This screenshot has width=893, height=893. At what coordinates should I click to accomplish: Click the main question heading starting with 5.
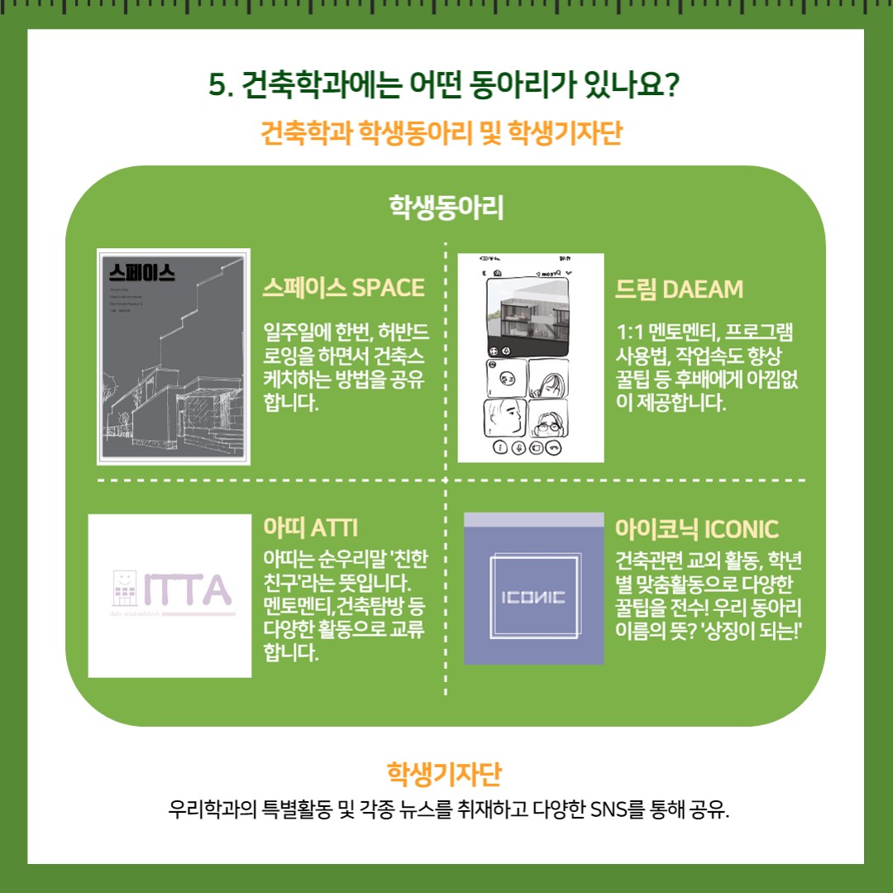pos(446,85)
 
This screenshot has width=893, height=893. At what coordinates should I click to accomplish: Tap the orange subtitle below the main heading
pos(446,132)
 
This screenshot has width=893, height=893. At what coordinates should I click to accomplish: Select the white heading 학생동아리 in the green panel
pos(446,207)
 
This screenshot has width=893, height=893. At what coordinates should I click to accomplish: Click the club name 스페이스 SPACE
pos(343,288)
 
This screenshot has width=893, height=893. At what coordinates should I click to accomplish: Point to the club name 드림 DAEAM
pos(679,289)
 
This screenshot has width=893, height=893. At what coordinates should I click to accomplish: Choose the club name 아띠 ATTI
pos(310,527)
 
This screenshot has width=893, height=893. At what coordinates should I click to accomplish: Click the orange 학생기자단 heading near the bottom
pos(446,775)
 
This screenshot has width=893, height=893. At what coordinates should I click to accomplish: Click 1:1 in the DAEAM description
pos(632,332)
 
